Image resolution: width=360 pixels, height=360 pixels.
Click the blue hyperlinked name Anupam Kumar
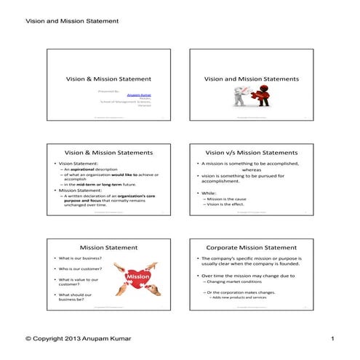point(148,95)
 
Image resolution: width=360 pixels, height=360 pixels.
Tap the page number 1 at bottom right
point(332,339)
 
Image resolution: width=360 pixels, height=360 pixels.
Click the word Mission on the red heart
point(137,276)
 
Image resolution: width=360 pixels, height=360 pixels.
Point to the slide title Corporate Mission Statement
point(252,247)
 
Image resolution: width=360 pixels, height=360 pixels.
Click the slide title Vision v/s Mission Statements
point(252,153)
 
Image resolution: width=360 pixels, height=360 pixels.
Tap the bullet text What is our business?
point(76,259)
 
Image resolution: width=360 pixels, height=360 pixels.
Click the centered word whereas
point(252,170)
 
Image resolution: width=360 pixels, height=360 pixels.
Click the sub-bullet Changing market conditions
point(234,281)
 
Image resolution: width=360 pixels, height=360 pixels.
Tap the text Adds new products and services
point(240,297)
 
